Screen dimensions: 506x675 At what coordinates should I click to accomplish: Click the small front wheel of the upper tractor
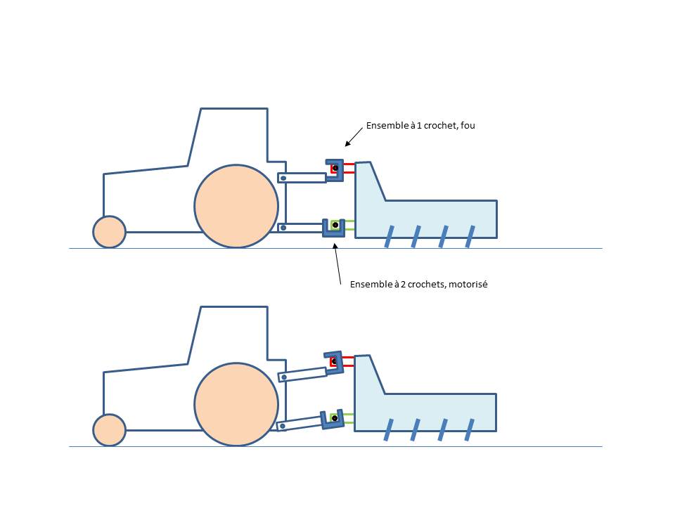click(x=109, y=232)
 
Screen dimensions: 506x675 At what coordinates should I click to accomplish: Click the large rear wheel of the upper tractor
click(x=236, y=206)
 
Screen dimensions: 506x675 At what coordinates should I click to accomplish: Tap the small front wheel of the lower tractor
click(x=109, y=430)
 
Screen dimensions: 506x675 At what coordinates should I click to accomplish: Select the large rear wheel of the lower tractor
click(x=236, y=404)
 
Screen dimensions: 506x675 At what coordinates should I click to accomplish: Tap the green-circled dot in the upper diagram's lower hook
click(x=335, y=226)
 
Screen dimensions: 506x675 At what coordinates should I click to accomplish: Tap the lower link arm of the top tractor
click(x=301, y=227)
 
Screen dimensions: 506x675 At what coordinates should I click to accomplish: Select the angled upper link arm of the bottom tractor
click(x=303, y=375)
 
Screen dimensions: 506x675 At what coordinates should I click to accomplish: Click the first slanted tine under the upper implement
click(x=388, y=238)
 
